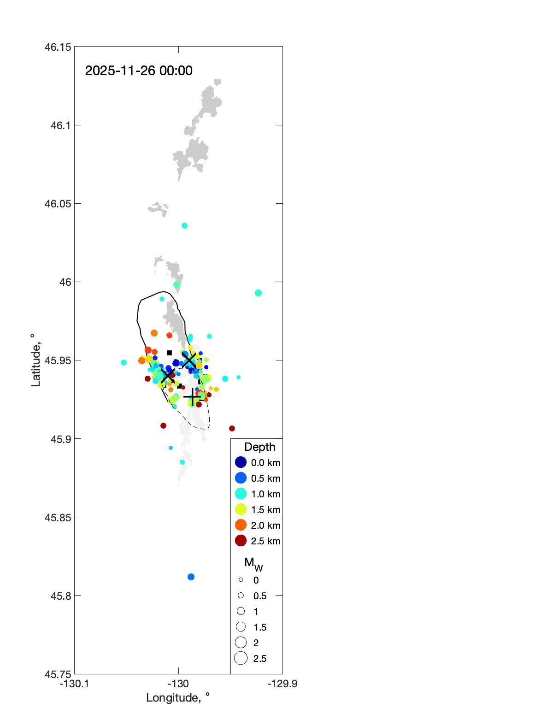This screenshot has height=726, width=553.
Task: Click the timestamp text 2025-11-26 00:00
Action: [139, 71]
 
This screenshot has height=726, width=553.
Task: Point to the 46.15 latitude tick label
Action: [58, 47]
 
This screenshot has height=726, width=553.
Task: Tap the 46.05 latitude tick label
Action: [58, 204]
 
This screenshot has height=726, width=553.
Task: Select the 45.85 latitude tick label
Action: [58, 517]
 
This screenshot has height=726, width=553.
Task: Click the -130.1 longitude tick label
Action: [74, 684]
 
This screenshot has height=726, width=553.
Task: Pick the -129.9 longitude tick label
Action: [282, 684]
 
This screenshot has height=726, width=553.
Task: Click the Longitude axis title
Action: [178, 698]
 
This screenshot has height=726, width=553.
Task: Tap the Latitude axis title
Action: [35, 360]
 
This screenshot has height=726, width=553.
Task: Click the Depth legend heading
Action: [259, 447]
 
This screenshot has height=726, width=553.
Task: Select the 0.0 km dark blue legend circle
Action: [241, 462]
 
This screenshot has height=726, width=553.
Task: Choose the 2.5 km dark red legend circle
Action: [241, 541]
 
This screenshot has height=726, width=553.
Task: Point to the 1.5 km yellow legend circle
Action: [241, 509]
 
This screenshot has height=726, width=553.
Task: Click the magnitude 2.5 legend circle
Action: [241, 658]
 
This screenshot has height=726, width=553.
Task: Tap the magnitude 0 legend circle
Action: [241, 580]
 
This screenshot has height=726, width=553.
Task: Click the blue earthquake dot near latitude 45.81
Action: [191, 577]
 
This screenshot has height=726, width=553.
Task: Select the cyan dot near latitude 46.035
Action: [184, 226]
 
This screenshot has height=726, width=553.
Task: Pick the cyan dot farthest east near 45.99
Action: [258, 293]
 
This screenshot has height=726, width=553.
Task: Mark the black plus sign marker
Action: [192, 396]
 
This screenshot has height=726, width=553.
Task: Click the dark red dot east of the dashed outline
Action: [232, 429]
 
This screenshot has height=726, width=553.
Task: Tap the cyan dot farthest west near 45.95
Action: [124, 363]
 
